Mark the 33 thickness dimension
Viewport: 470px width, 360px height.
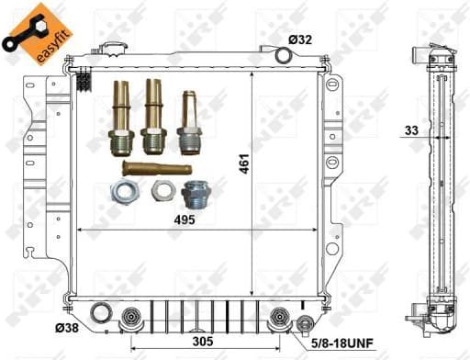[x=411, y=130]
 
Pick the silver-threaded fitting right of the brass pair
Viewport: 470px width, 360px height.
[x=189, y=123]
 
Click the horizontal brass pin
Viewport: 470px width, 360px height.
[x=156, y=168]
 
